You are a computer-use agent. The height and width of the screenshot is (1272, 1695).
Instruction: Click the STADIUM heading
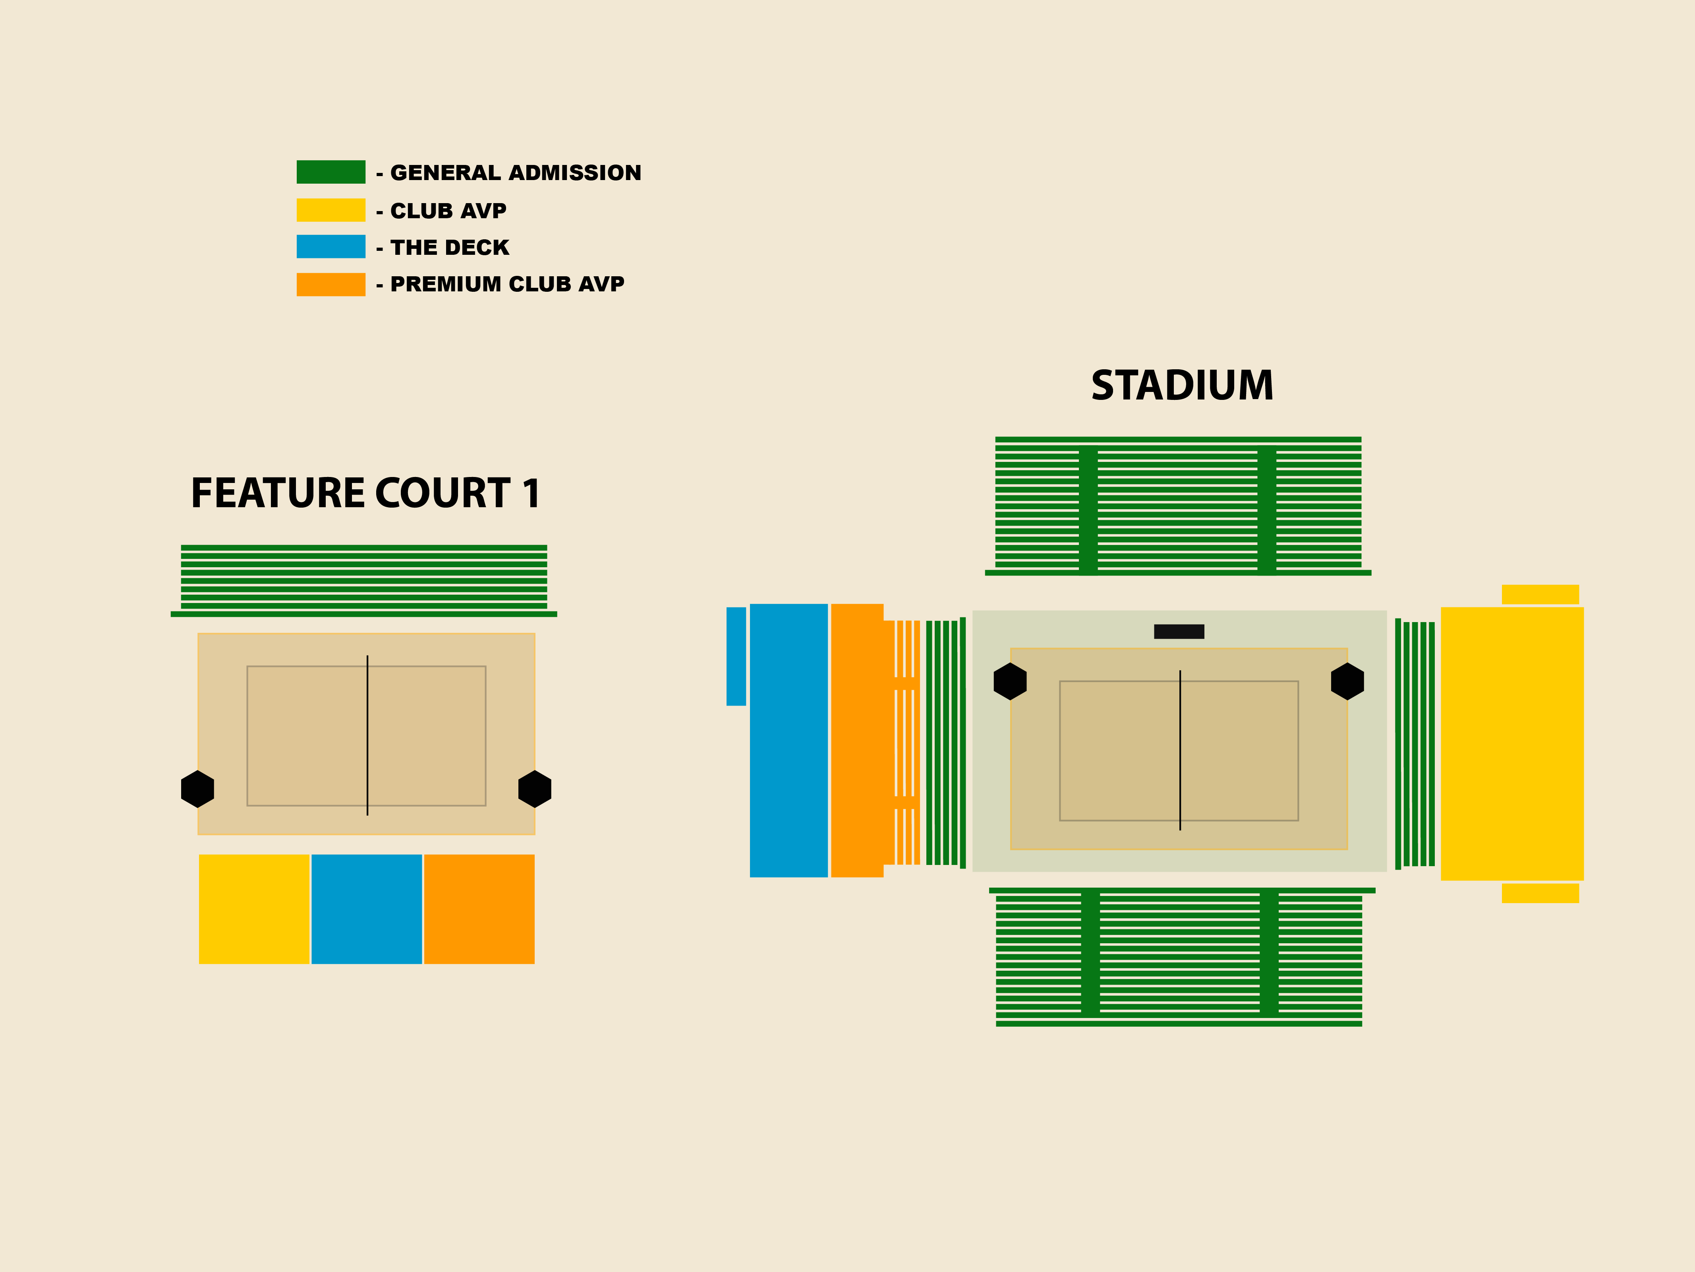coord(1182,386)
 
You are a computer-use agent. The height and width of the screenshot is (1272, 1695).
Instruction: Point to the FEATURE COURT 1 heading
coord(365,493)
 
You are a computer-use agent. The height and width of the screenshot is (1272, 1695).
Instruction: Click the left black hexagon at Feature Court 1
coord(198,789)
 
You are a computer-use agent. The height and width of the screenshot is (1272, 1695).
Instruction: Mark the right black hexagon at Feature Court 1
coord(535,789)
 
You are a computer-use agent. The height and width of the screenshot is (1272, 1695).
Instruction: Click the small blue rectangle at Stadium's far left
coord(736,656)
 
